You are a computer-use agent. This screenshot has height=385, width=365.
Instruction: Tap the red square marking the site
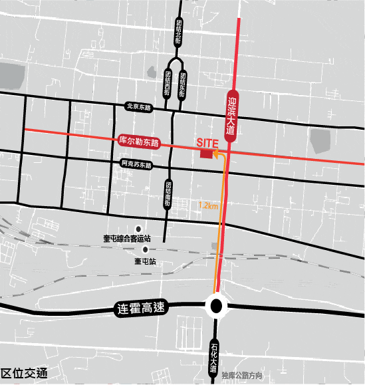(207, 154)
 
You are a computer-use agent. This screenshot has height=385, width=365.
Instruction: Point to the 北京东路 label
(139, 105)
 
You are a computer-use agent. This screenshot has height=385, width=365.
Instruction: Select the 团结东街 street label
(182, 83)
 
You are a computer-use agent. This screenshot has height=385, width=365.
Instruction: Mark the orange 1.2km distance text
(208, 206)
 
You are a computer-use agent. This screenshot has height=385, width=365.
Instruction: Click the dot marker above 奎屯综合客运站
(139, 228)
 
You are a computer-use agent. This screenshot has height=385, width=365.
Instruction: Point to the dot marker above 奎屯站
(145, 249)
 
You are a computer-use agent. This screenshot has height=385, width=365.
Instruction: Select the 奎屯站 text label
(145, 261)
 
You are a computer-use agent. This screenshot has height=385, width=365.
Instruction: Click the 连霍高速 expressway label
(140, 309)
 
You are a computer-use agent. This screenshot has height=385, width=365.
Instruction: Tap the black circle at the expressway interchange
(216, 306)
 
